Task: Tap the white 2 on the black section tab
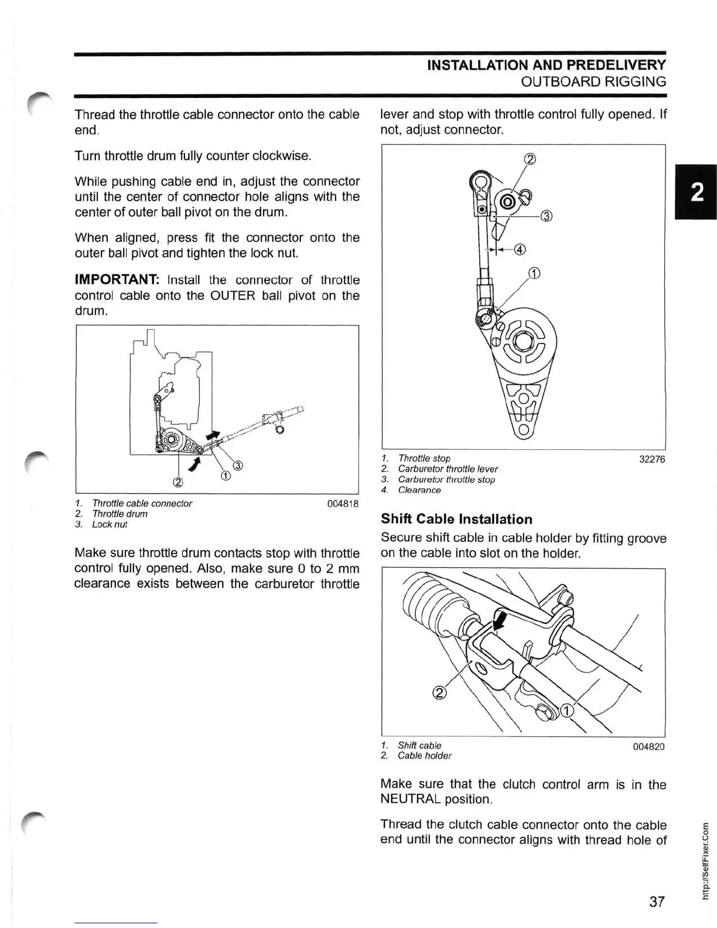tap(696, 192)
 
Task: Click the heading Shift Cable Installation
tap(456, 519)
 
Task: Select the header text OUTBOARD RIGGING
tap(593, 81)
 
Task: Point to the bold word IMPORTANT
tap(117, 280)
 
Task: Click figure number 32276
tap(651, 459)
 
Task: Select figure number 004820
tap(648, 747)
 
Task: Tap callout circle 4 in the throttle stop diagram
tap(519, 250)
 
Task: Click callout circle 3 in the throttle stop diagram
tap(545, 216)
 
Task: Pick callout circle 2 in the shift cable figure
tap(439, 693)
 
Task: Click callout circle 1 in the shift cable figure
tap(566, 711)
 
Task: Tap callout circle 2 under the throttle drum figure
tap(178, 483)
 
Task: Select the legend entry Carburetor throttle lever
tap(448, 469)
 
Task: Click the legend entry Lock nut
tap(109, 524)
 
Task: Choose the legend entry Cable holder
tap(424, 756)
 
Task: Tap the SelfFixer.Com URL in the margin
tap(706, 858)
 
